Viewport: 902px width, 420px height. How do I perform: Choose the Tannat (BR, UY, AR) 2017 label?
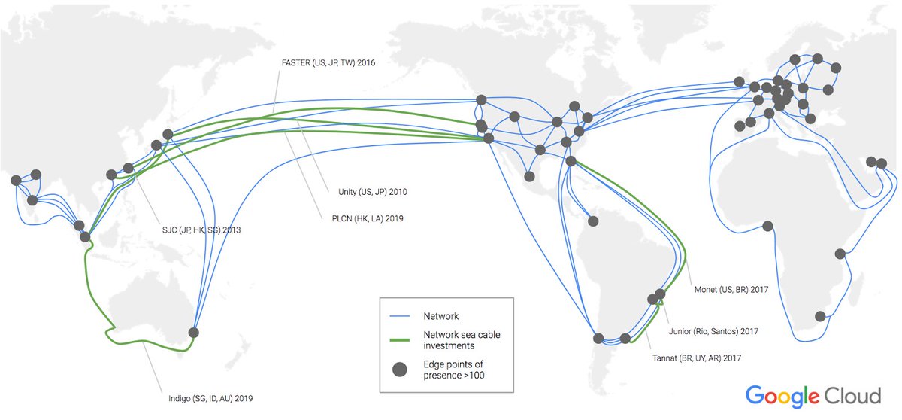(x=697, y=358)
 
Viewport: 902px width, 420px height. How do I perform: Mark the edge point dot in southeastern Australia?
(x=194, y=332)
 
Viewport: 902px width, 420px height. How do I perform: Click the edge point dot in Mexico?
(x=529, y=177)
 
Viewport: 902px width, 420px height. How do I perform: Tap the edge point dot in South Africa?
(x=820, y=316)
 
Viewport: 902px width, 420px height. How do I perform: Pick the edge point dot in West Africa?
(x=767, y=226)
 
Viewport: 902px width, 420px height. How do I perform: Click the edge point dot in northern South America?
(x=593, y=221)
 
